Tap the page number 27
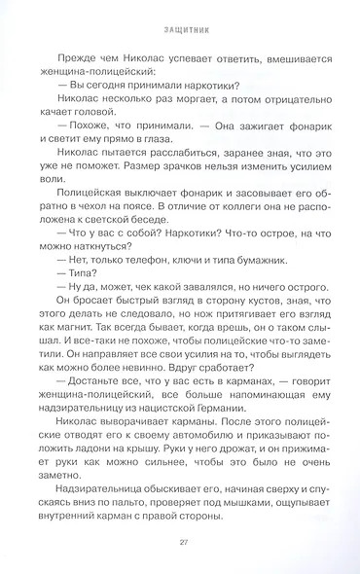180,544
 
